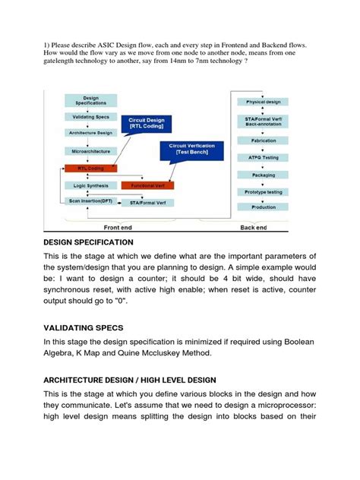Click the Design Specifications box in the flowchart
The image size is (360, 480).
point(91,101)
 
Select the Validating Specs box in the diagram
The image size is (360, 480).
point(91,117)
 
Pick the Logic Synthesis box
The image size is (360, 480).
point(91,185)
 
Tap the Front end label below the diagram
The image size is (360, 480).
point(121,226)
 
